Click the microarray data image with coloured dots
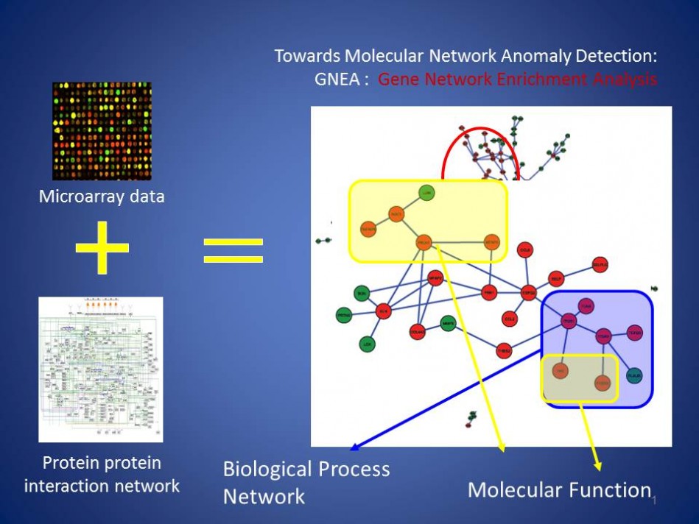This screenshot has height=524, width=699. coord(102,131)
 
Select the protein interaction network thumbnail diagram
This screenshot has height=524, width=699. coord(100,369)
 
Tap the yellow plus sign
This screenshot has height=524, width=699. coord(102,249)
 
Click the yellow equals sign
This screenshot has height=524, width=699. coord(233,249)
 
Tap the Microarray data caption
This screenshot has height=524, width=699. coord(102,196)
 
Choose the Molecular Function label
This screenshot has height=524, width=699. coord(559,489)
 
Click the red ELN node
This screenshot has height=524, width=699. coord(383,311)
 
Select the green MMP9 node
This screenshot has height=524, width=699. coord(448,322)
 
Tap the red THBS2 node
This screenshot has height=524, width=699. coord(504,350)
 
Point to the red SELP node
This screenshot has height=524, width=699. coord(555,279)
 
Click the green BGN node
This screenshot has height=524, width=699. coord(362,293)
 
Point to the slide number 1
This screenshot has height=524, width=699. coord(653,501)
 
